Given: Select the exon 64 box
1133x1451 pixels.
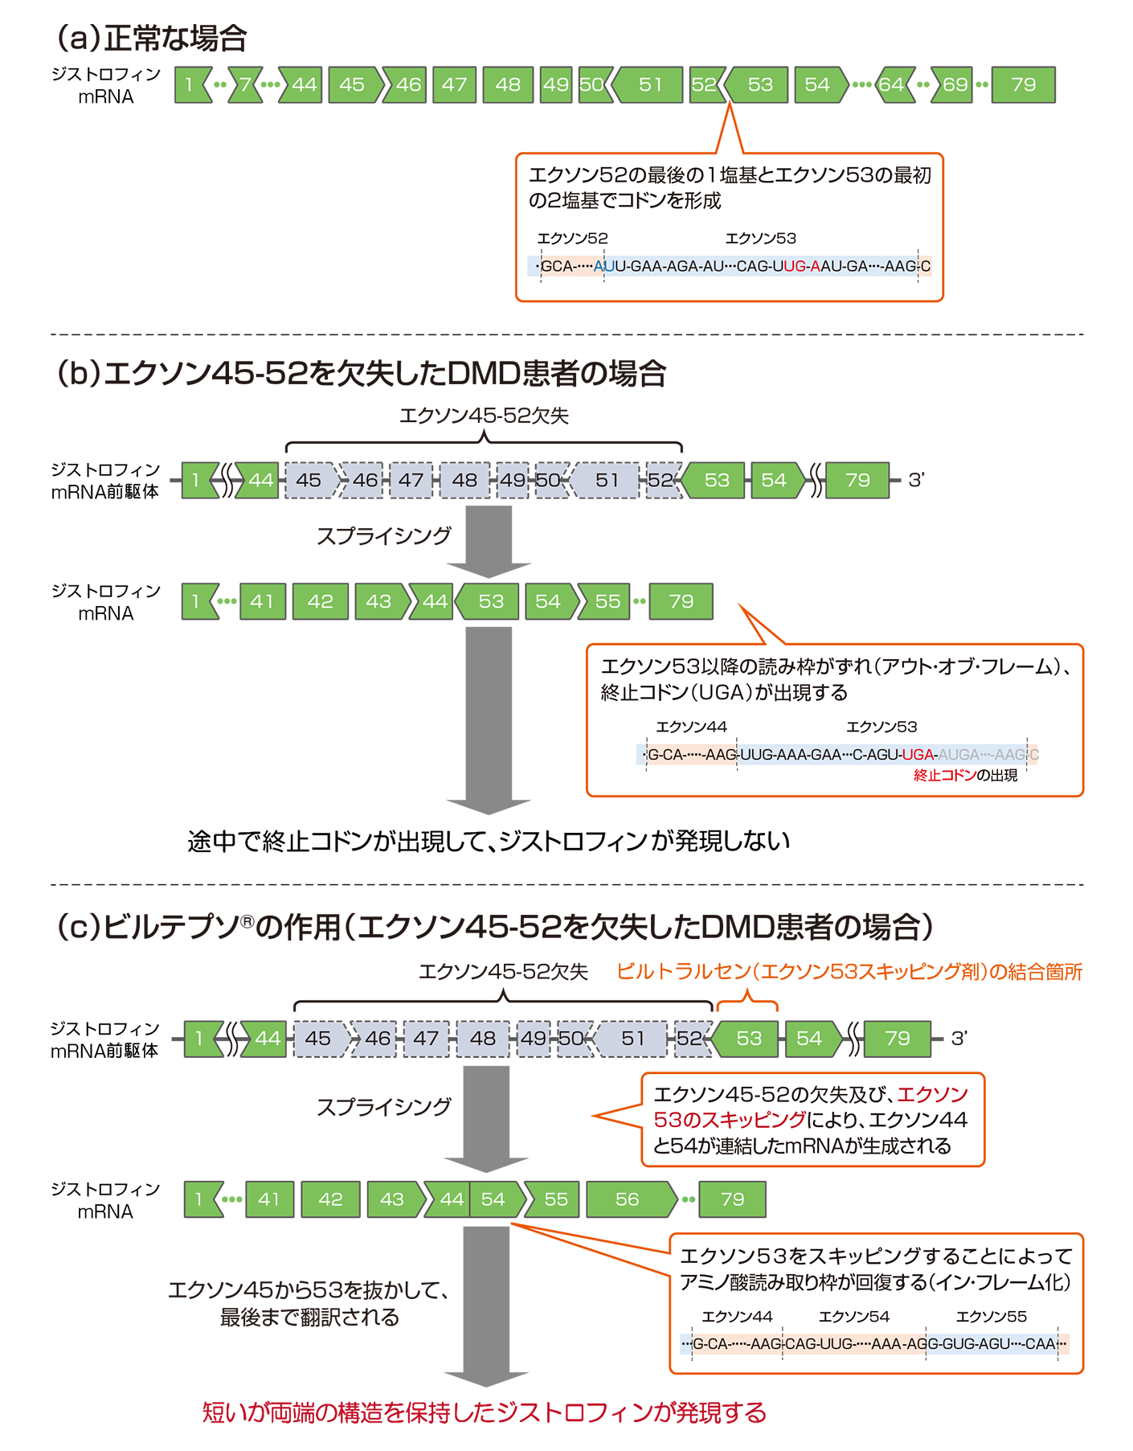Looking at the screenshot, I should pyautogui.click(x=891, y=84).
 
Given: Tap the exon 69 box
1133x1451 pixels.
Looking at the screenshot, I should pyautogui.click(x=955, y=84).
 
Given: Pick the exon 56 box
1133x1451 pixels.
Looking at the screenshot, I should pyautogui.click(x=628, y=1199).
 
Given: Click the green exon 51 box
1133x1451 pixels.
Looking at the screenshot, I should pyautogui.click(x=650, y=84).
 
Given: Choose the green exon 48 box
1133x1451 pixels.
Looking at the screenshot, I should pyautogui.click(x=508, y=84).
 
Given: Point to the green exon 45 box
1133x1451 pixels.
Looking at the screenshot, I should pyautogui.click(x=352, y=84).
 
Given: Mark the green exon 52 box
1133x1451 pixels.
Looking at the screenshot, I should pyautogui.click(x=704, y=84).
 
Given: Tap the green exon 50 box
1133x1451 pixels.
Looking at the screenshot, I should pyautogui.click(x=592, y=84).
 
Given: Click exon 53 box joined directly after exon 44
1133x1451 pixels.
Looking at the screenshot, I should pyautogui.click(x=491, y=601).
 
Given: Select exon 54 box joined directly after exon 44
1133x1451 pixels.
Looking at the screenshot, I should pyautogui.click(x=493, y=1199).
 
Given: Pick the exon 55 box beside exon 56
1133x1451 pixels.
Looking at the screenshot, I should pyautogui.click(x=556, y=1199).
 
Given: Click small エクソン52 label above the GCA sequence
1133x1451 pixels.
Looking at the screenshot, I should pyautogui.click(x=572, y=239).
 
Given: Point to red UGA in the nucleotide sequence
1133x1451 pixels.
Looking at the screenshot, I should pyautogui.click(x=918, y=755).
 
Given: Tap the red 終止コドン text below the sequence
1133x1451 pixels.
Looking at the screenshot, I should pyautogui.click(x=944, y=776).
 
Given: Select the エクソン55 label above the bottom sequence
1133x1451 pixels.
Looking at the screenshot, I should pyautogui.click(x=991, y=1317).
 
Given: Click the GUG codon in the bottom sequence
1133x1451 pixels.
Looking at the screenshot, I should pyautogui.click(x=959, y=1344).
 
